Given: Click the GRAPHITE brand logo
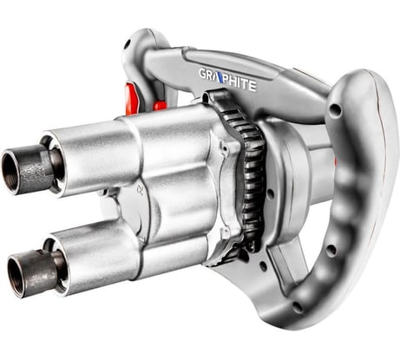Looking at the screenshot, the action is (x=227, y=79).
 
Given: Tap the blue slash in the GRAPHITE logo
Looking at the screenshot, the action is (x=220, y=78).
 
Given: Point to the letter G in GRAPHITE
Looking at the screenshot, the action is (x=203, y=74).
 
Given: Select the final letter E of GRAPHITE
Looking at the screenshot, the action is (x=252, y=86).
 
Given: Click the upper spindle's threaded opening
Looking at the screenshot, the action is (x=10, y=171).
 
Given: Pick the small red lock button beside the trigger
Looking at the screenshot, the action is (x=160, y=106).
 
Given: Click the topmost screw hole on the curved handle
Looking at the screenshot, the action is (x=336, y=109).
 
